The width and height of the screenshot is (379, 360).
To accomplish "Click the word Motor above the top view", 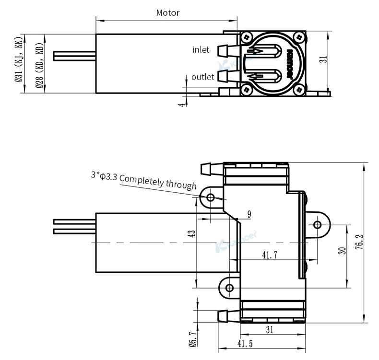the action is (x=168, y=13).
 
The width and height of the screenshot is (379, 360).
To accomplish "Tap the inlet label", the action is (x=201, y=50).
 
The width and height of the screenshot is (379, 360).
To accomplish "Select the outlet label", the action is (x=203, y=77).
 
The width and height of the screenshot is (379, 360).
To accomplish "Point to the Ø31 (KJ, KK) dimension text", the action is (x=19, y=59).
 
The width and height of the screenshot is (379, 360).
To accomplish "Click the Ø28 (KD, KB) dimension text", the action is (x=39, y=65).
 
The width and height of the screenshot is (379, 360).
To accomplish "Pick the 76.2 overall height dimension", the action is (x=359, y=242).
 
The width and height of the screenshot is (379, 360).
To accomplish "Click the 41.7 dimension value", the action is (x=270, y=255).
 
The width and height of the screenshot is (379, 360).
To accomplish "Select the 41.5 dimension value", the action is (x=245, y=343).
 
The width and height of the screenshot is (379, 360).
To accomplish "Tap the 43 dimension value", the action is (x=192, y=233).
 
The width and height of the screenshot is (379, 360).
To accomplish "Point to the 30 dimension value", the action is (x=342, y=250).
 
